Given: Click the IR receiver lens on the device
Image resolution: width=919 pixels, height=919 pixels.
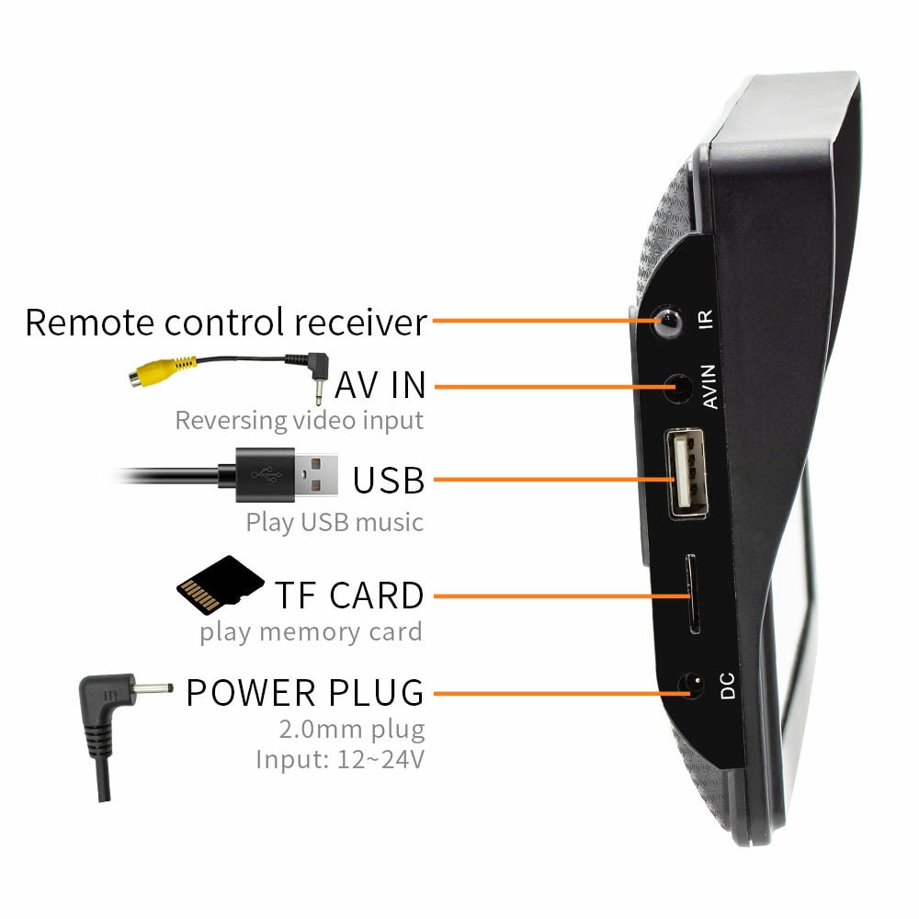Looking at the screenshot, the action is point(667,321).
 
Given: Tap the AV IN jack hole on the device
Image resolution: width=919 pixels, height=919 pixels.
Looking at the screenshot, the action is point(679,389).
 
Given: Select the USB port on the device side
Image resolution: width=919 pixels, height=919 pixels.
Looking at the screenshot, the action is point(686,473).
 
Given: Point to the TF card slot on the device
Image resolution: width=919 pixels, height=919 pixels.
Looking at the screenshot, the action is point(692,594).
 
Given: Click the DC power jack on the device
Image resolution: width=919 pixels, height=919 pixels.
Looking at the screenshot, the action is point(691,686).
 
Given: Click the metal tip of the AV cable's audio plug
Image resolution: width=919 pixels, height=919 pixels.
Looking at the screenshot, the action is point(319,392).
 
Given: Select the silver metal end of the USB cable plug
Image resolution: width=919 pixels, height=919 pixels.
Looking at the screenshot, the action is point(316,475).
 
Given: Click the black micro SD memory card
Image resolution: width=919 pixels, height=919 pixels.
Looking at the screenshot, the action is point(220,584).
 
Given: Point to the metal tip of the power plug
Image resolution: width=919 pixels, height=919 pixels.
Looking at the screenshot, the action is point(153,688).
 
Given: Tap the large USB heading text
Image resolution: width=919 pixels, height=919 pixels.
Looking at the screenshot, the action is point(389,481).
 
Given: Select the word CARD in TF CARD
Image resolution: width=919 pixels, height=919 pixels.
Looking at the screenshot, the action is point(377,596).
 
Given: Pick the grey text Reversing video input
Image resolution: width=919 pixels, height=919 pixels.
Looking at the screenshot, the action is point(299,421).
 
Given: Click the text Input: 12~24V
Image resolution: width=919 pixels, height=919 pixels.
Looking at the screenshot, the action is point(340,760).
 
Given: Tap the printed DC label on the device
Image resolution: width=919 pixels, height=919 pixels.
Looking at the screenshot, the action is point(727,686).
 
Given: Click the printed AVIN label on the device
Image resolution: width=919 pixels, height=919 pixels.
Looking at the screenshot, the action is point(709,386).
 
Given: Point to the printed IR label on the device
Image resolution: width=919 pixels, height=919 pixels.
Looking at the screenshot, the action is point(706,320).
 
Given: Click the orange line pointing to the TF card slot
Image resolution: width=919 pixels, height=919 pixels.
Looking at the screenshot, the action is point(562,596).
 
